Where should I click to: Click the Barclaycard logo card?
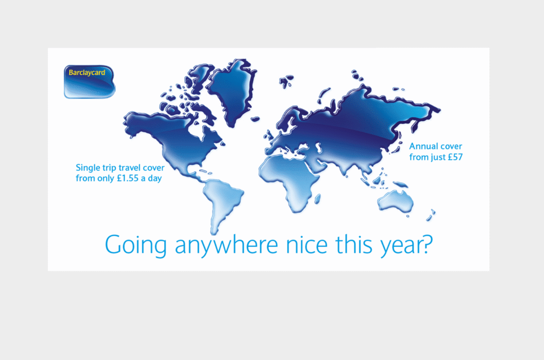[x=89, y=82]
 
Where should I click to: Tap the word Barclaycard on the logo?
[x=87, y=73]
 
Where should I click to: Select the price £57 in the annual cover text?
[x=455, y=157]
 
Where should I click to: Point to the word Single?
[x=87, y=168]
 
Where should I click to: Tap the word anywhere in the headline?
[x=226, y=245]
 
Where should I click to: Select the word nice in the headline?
[x=307, y=244]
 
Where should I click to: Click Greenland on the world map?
[x=232, y=91]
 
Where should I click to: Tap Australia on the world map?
[x=395, y=201]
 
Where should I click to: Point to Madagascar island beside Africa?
[x=317, y=199]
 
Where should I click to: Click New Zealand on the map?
[x=430, y=215]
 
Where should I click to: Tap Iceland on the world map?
[x=255, y=119]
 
